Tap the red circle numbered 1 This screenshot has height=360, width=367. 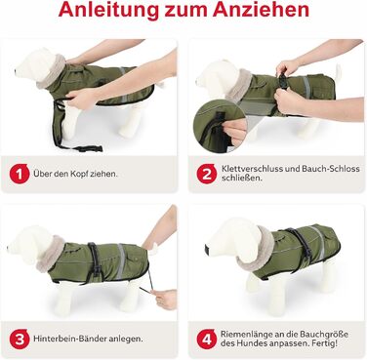pos(20,174)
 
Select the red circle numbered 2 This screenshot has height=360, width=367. pos(207,174)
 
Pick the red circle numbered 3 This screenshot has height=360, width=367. pos(20,340)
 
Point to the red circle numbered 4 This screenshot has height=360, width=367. pos(207,340)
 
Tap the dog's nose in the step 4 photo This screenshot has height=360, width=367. pos(207,249)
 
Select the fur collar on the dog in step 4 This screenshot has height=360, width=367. pos(256,249)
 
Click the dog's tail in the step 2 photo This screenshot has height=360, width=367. pos(339,72)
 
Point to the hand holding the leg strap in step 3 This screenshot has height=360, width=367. pos(165,299)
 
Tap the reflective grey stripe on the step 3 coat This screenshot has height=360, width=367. pos(121,260)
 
